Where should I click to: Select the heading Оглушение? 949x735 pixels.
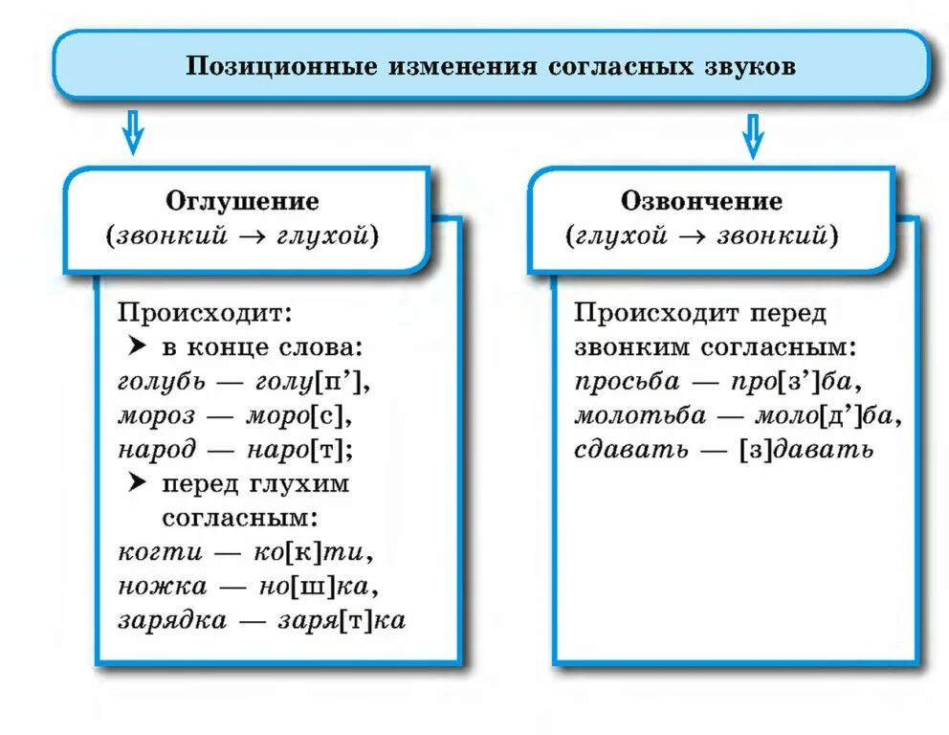point(243,201)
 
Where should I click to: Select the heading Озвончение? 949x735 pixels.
point(701,201)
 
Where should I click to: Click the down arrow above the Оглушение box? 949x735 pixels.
point(132,133)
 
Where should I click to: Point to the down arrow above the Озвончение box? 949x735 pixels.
point(754,135)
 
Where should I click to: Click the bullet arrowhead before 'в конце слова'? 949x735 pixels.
point(136,345)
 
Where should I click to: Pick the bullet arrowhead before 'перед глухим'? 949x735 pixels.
point(136,483)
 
